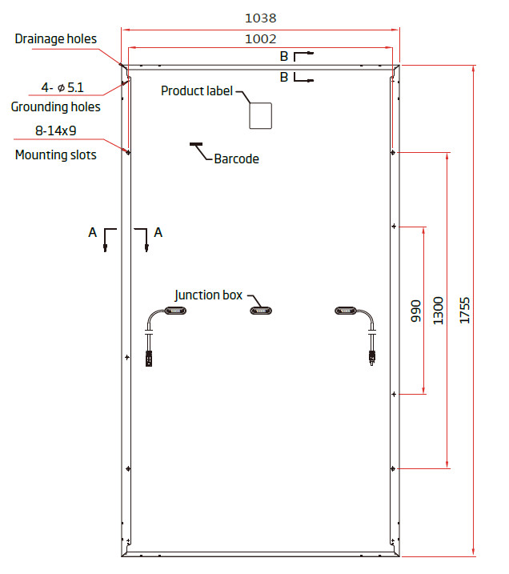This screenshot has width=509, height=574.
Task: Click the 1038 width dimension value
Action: click(x=260, y=18)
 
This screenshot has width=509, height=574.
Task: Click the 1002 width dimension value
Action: click(x=260, y=38)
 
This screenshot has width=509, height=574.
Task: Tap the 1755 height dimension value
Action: click(x=464, y=311)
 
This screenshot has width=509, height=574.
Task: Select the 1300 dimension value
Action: click(x=438, y=311)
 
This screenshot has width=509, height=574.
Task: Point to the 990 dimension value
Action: click(x=415, y=311)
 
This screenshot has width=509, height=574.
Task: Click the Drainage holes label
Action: click(x=55, y=38)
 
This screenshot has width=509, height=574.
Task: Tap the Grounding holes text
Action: click(x=55, y=107)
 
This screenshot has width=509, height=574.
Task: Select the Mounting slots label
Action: click(x=55, y=155)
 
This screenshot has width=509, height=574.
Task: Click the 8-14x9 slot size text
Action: click(x=55, y=130)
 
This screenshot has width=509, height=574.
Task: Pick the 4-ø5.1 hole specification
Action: click(x=62, y=87)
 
